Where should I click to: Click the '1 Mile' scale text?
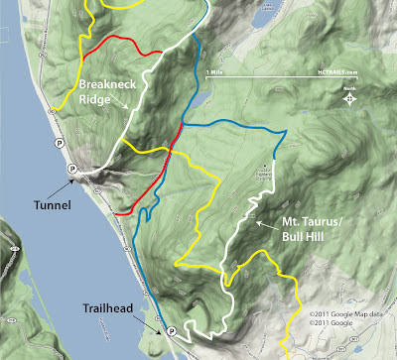pyautogui.click(x=212, y=72)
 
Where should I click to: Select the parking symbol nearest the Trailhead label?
pyautogui.click(x=170, y=330)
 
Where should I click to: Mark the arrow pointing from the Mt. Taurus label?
pyautogui.click(x=260, y=223)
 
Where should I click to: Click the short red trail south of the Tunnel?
pyautogui.click(x=125, y=210)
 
